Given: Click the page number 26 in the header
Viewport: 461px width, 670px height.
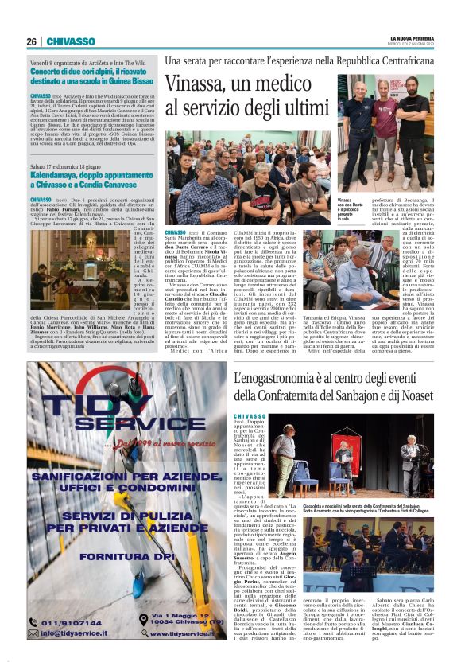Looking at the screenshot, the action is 31,41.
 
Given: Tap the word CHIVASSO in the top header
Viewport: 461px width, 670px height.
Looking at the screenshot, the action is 71,41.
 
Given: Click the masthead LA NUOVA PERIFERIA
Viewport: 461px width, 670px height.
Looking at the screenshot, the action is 410,38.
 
